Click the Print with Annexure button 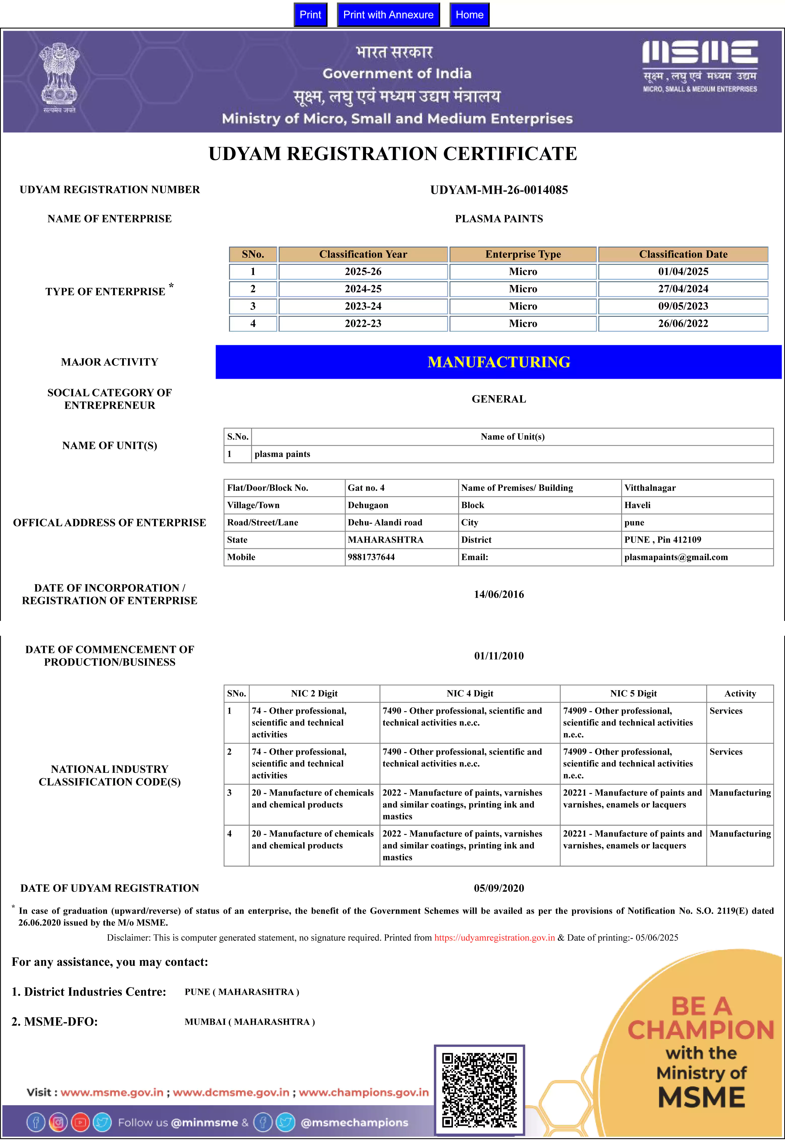click(388, 15)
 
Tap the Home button click(469, 15)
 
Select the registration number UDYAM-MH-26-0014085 click(499, 190)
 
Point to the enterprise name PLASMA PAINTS click(499, 219)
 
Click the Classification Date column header click(683, 254)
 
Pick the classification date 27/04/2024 click(683, 289)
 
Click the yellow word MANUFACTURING click(499, 362)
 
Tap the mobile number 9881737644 click(371, 557)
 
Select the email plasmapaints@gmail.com click(676, 557)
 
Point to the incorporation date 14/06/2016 click(499, 594)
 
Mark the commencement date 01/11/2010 click(499, 656)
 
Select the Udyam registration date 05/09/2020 click(499, 888)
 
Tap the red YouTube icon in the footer click(80, 1122)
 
